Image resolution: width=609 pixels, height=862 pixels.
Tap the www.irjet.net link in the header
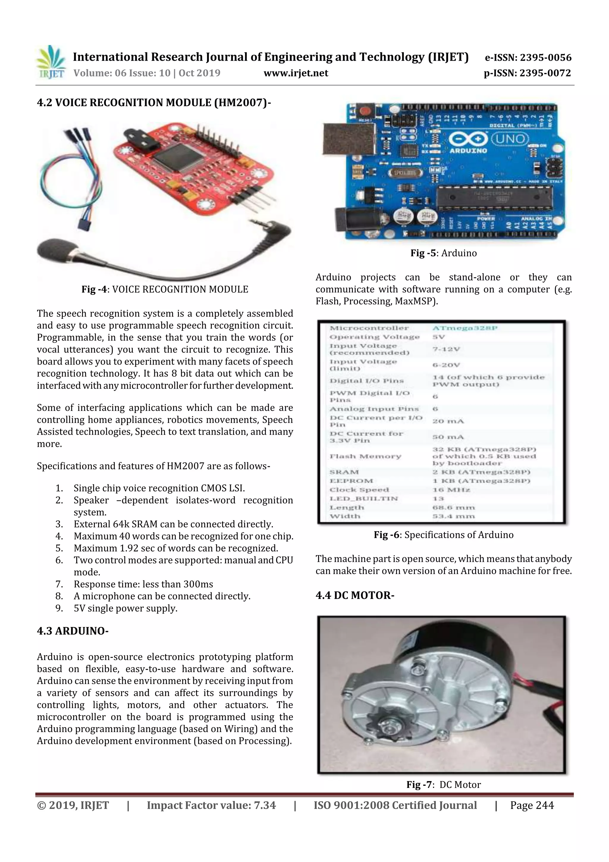[296, 73]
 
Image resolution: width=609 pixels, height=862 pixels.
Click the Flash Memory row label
[365, 456]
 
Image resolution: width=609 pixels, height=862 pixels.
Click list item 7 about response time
[143, 584]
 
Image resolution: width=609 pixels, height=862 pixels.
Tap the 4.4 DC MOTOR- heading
[354, 595]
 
